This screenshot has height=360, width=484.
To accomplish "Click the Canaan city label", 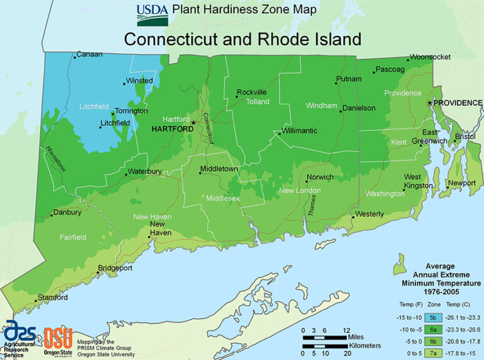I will pyautogui.click(x=89, y=55).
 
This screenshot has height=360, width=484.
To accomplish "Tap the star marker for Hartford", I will pyautogui.click(x=194, y=122).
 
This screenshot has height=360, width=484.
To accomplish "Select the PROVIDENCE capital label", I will pyautogui.click(x=458, y=103).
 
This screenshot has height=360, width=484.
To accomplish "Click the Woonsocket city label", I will pyautogui.click(x=430, y=57).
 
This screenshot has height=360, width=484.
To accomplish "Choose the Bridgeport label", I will pyautogui.click(x=117, y=268).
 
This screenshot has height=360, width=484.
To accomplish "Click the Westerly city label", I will pyautogui.click(x=369, y=214).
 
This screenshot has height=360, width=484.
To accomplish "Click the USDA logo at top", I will pyautogui.click(x=153, y=14).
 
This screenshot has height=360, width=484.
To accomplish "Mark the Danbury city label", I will pyautogui.click(x=67, y=212).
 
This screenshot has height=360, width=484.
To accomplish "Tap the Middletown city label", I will pyautogui.click(x=219, y=169).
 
